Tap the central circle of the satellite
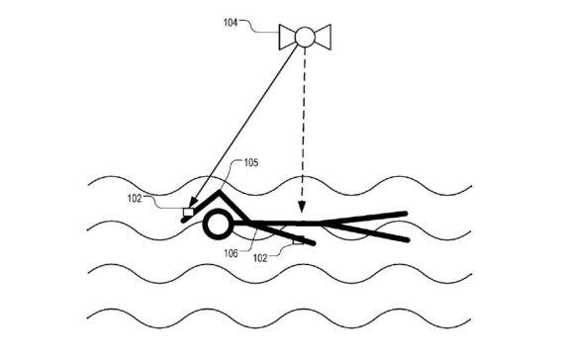(x=305, y=38)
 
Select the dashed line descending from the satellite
(x=303, y=129)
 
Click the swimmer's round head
(x=215, y=225)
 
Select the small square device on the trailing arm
(x=297, y=239)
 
